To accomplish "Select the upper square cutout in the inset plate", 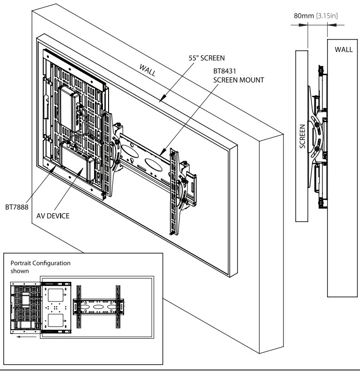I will tap(56, 294).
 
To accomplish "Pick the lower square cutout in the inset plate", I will tap(56, 320).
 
